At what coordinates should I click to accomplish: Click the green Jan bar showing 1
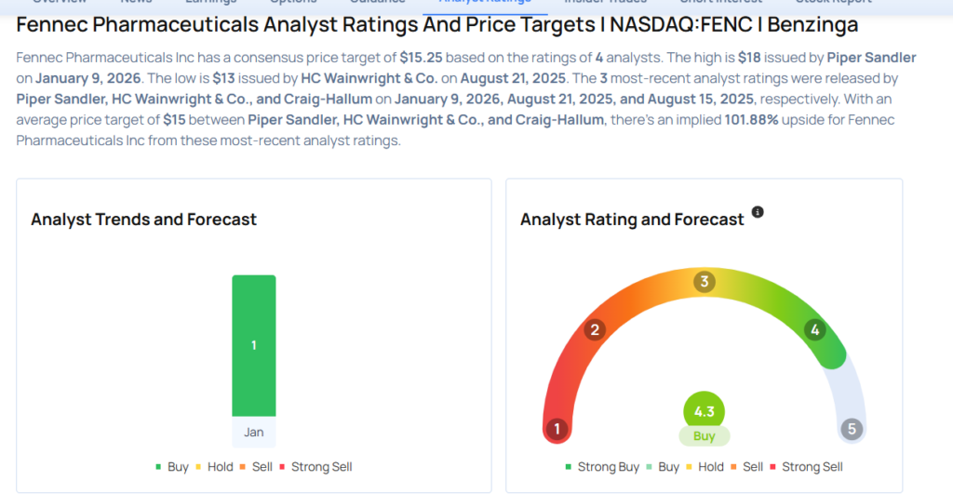point(253,345)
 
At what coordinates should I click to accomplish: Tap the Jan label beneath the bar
point(253,433)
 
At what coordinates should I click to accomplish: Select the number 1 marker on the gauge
point(557,429)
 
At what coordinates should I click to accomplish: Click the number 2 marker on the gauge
point(595,329)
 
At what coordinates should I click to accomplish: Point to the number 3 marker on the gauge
point(705,282)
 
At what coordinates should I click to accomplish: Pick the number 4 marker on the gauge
point(815,329)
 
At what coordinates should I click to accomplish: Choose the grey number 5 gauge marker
point(851,430)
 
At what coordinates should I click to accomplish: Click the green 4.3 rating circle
point(704,411)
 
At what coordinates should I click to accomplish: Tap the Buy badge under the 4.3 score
point(704,435)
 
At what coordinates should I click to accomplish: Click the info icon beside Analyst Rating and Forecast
point(758,212)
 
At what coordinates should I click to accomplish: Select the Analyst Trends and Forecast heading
point(143,220)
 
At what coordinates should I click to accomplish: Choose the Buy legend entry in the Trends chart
point(172,467)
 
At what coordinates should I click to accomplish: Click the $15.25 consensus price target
point(421,58)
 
